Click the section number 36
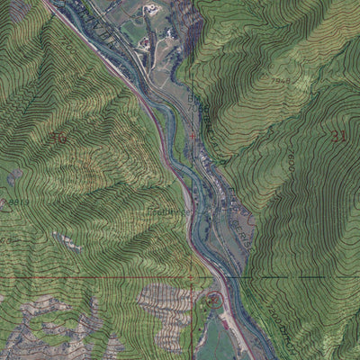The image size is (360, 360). click(59, 138)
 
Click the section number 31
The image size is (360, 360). click(338, 137)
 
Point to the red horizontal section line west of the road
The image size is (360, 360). click(90, 277)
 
